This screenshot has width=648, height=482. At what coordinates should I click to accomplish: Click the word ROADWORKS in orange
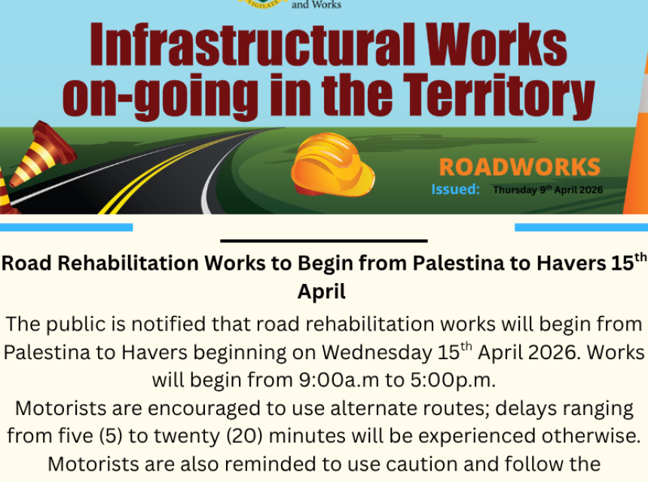click(519, 167)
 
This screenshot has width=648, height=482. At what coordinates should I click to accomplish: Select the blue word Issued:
click(455, 190)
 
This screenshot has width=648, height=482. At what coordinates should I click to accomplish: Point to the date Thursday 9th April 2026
click(548, 190)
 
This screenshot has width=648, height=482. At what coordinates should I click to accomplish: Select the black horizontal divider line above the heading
click(324, 241)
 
